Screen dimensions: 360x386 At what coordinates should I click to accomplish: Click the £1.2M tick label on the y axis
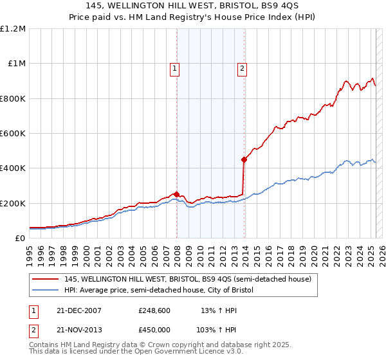click(x=13, y=29)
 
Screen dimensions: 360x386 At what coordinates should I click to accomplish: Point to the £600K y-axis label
click(x=13, y=134)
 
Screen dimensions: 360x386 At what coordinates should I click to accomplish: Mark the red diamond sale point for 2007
click(x=177, y=194)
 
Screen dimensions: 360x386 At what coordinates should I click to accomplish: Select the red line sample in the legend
click(x=46, y=279)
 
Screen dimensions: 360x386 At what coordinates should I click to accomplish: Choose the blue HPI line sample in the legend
click(x=46, y=291)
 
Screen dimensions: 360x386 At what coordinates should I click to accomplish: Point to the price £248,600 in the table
click(x=154, y=310)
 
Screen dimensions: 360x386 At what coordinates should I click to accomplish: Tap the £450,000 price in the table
click(x=154, y=329)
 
